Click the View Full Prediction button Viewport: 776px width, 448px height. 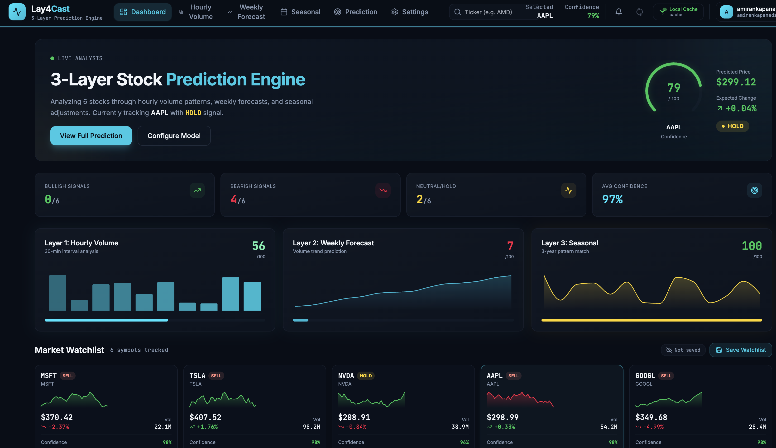[x=91, y=135]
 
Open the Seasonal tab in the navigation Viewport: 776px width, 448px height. [x=300, y=12]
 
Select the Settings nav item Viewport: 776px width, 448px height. [x=410, y=12]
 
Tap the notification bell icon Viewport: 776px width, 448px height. [x=618, y=12]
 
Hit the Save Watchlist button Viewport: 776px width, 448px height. [x=741, y=350]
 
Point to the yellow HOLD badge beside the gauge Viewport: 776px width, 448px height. [x=732, y=126]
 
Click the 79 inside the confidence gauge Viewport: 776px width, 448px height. [x=673, y=88]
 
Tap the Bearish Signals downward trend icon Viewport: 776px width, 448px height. [x=383, y=190]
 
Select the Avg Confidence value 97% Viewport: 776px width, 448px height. [x=612, y=200]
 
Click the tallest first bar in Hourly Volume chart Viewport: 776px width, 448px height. [x=57, y=293]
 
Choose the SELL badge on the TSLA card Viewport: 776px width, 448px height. [x=216, y=376]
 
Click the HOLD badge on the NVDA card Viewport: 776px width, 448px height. [x=365, y=376]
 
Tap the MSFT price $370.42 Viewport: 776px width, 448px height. [x=57, y=417]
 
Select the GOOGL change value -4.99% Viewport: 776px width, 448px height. [x=653, y=427]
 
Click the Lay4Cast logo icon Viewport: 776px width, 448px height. [x=17, y=12]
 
